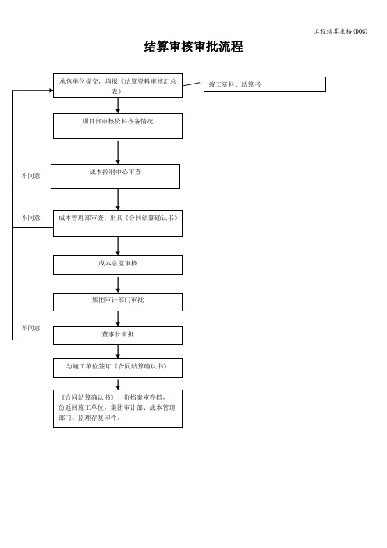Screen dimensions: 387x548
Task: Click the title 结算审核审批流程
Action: pyautogui.click(x=193, y=47)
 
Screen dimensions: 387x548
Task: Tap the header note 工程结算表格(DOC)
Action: pyautogui.click(x=340, y=31)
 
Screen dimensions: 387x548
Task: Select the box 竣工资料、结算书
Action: pyautogui.click(x=265, y=84)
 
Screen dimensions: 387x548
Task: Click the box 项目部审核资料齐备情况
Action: pyautogui.click(x=118, y=126)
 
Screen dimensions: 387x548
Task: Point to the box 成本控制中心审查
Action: pyautogui.click(x=115, y=176)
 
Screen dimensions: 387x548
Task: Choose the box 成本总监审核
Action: pyautogui.click(x=118, y=265)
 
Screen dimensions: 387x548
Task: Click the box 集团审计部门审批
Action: pyautogui.click(x=118, y=302)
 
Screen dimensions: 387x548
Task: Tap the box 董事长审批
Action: pyautogui.click(x=118, y=336)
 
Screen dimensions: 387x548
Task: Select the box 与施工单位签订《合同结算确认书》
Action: pyautogui.click(x=118, y=368)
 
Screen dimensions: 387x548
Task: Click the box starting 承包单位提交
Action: pyautogui.click(x=118, y=85)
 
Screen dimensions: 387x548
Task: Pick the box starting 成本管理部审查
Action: pyautogui.click(x=118, y=223)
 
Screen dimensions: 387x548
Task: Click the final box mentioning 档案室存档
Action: pyautogui.click(x=118, y=408)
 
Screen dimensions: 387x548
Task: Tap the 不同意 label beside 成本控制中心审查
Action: pyautogui.click(x=30, y=176)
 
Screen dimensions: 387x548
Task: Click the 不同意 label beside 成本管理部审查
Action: pyautogui.click(x=30, y=218)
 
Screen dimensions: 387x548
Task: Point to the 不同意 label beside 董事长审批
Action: pyautogui.click(x=30, y=328)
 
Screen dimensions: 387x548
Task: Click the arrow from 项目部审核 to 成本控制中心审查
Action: pyautogui.click(x=118, y=152)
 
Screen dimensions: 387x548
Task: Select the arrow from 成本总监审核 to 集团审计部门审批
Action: pyautogui.click(x=118, y=285)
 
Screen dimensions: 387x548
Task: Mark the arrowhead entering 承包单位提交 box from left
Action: pyautogui.click(x=51, y=91)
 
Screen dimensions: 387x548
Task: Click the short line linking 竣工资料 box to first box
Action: pyautogui.click(x=192, y=84)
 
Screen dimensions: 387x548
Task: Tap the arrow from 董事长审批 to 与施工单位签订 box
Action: pyautogui.click(x=118, y=351)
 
